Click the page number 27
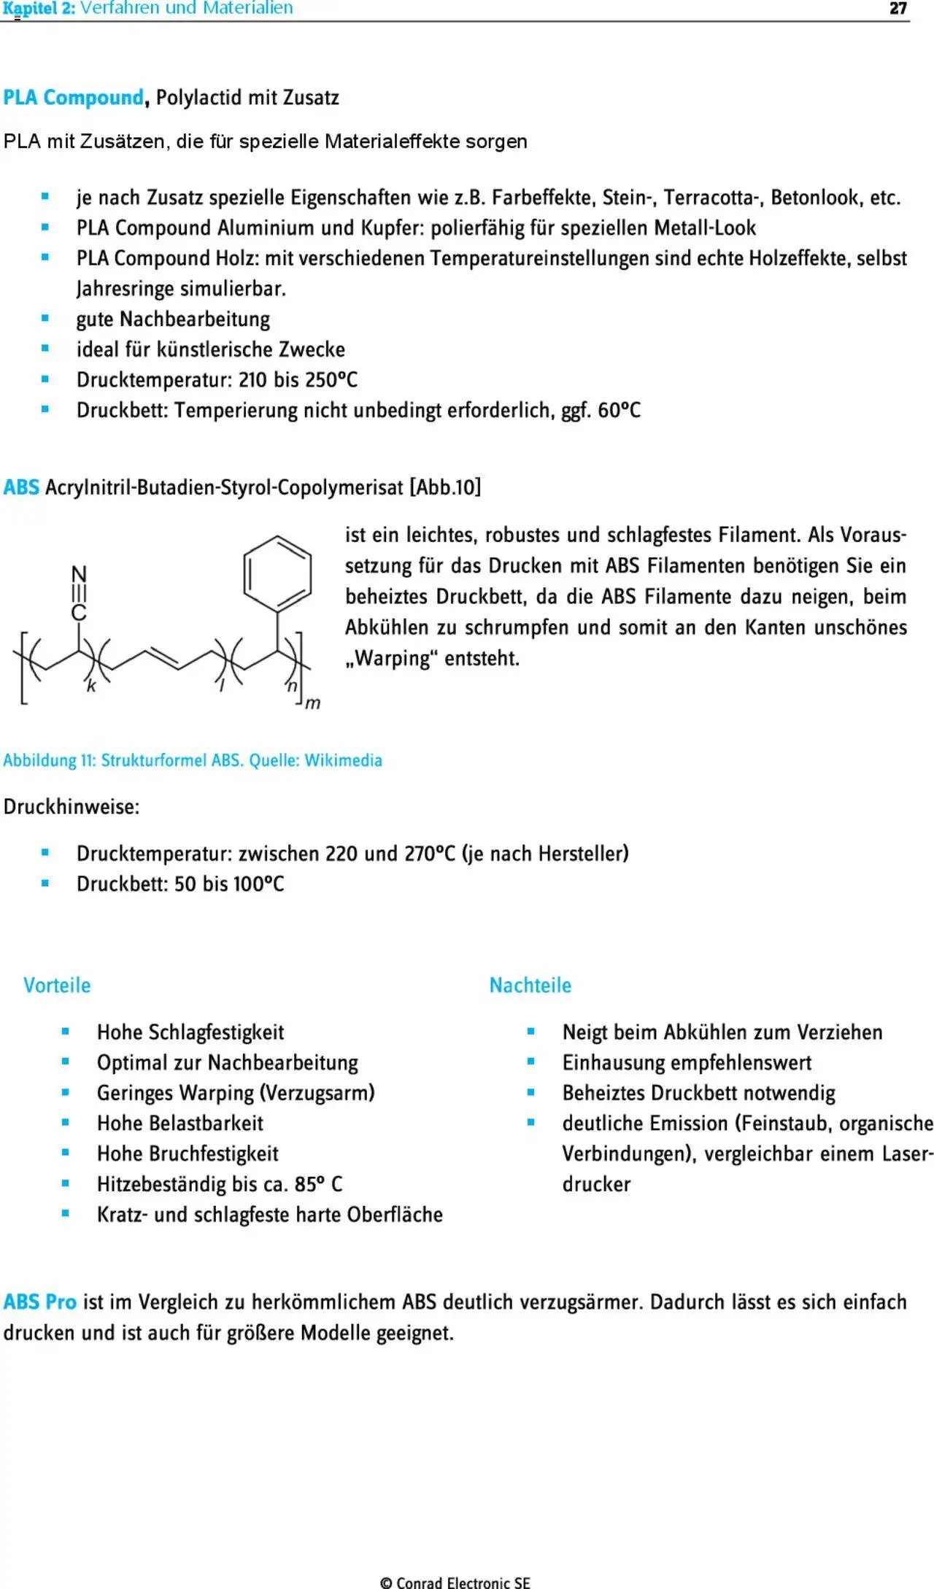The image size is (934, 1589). [898, 8]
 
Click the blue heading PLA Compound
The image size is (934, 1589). [73, 97]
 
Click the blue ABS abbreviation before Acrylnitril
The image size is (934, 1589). [21, 487]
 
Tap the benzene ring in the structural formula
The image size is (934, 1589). [277, 573]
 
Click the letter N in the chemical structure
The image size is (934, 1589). [79, 575]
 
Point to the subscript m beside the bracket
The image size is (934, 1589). [312, 703]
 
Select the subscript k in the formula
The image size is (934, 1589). [91, 686]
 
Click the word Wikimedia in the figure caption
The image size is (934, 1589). [343, 760]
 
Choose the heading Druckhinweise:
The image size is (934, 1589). [72, 807]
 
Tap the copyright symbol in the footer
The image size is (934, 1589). [386, 1582]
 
